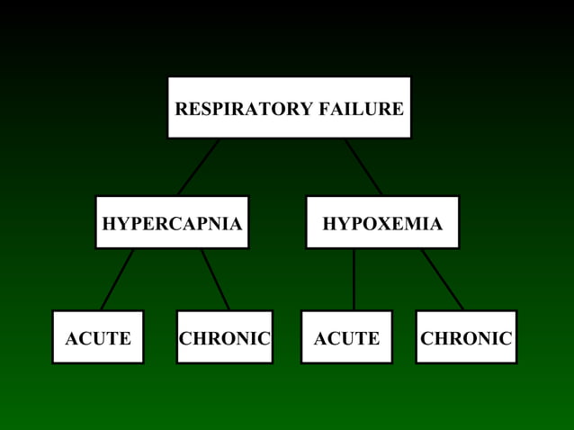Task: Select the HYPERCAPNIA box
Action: click(172, 223)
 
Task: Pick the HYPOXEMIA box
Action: click(382, 223)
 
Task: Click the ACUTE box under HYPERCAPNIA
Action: click(97, 338)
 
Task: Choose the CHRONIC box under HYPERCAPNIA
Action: click(224, 338)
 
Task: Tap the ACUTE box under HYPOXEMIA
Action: click(346, 338)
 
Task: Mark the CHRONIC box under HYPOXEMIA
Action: click(466, 338)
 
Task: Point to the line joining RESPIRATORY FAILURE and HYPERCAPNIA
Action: click(198, 167)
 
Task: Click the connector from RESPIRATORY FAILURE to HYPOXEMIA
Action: click(363, 167)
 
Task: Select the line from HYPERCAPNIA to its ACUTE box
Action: click(117, 280)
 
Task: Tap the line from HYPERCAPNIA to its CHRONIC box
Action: click(215, 280)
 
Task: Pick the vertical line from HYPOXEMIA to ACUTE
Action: click(354, 280)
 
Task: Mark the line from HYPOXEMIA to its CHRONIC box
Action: click(443, 280)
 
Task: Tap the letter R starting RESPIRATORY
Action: click(181, 110)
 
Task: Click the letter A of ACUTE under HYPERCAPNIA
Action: click(71, 339)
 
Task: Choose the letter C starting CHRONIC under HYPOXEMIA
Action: click(427, 339)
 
